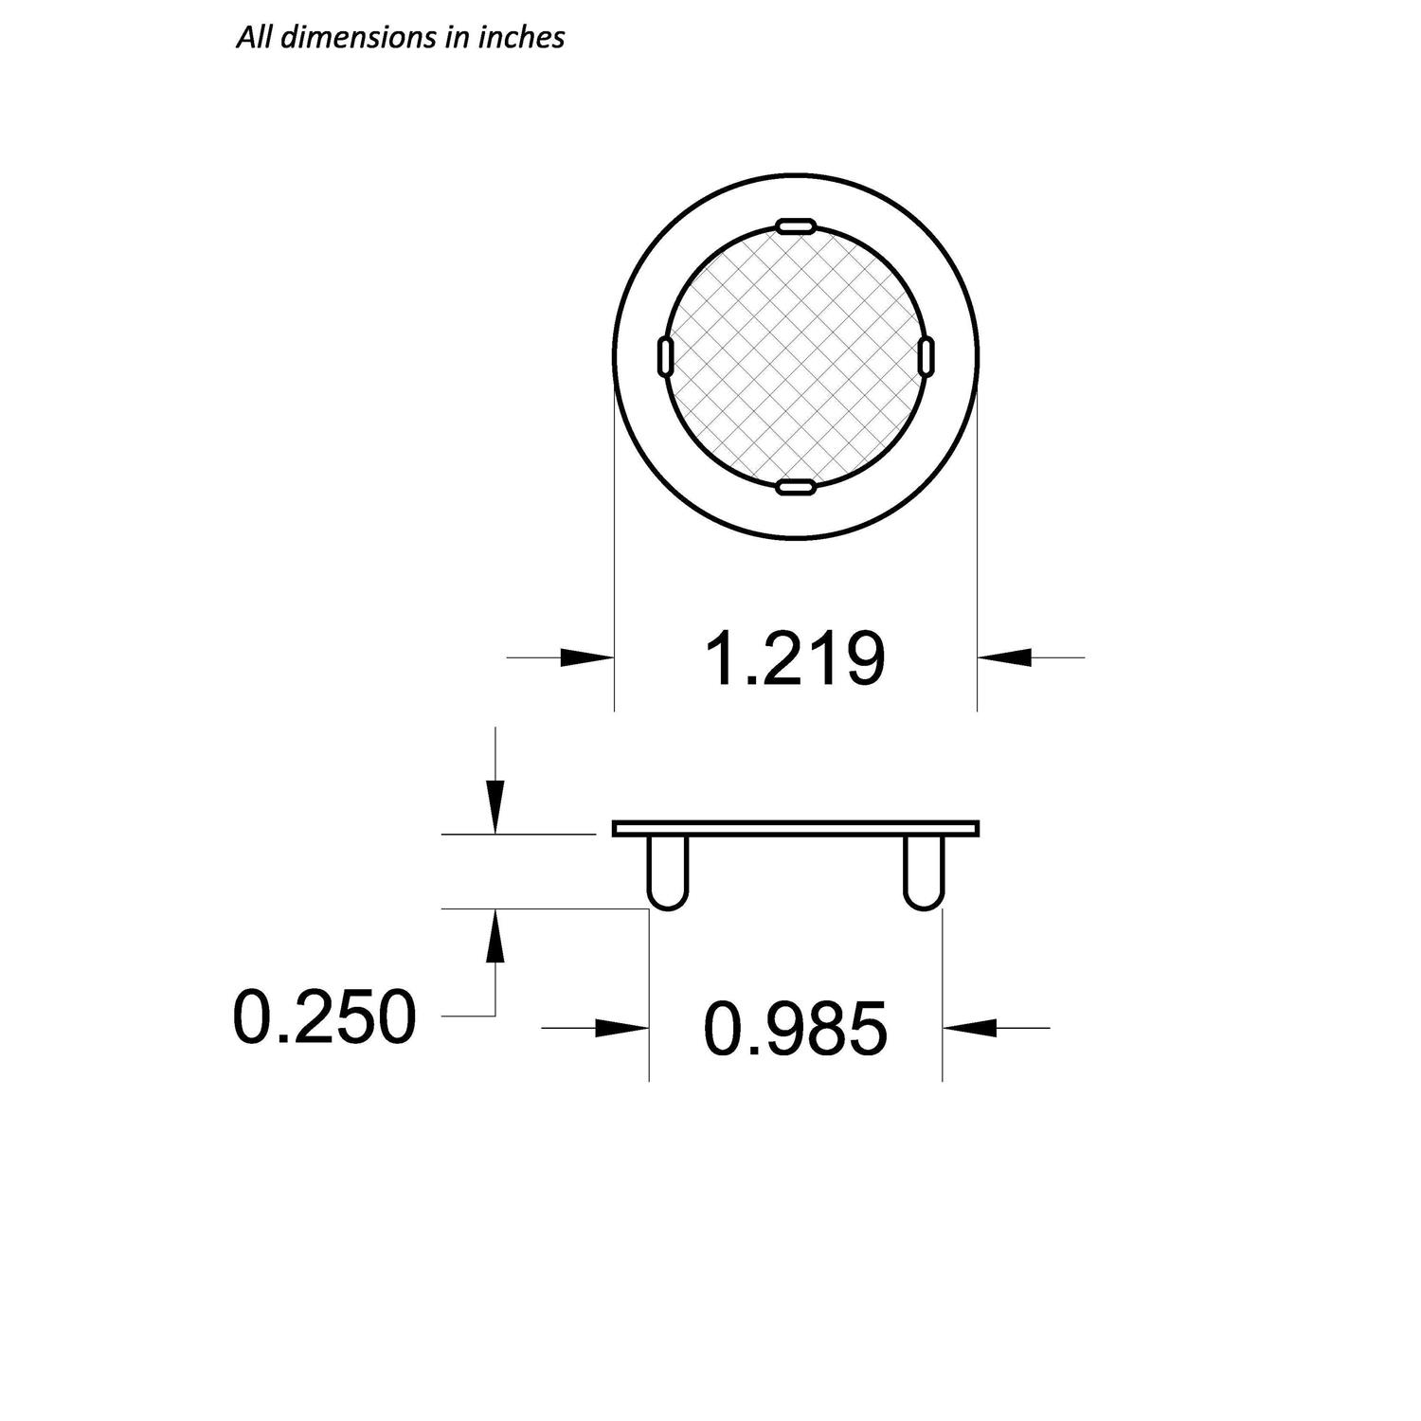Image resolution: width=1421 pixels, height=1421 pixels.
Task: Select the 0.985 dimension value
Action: pos(796,1029)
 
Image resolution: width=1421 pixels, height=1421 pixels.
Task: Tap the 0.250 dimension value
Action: pos(324,1016)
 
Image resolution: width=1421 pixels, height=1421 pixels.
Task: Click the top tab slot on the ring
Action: pos(795,225)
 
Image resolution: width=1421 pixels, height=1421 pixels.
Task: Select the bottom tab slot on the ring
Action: pos(795,488)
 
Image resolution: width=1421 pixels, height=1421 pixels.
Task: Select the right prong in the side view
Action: pos(924,872)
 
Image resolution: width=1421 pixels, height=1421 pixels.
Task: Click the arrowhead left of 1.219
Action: pos(587,657)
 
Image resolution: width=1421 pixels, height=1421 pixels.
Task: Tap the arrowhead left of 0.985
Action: pos(621,1028)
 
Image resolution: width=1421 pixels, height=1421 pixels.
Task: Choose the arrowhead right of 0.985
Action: pos(969,1028)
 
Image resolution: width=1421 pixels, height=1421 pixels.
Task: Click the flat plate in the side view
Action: pos(796,829)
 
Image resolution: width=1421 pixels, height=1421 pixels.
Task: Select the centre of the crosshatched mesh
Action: pos(795,356)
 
